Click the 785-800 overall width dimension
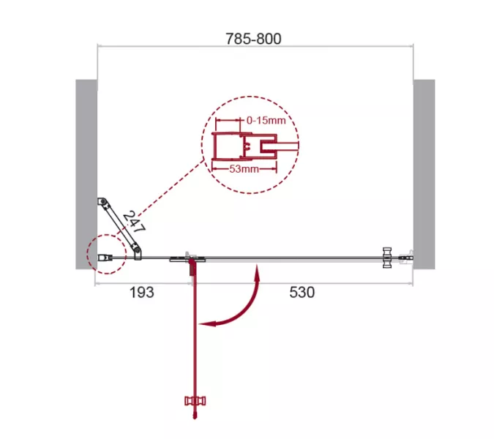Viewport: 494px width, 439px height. (253, 39)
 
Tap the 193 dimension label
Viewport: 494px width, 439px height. (142, 292)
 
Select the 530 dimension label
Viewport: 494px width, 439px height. (302, 292)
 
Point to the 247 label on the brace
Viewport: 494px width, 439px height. (134, 222)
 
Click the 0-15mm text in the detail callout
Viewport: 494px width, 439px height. (266, 120)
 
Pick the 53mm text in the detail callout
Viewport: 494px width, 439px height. (244, 169)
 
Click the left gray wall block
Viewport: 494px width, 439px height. (86, 174)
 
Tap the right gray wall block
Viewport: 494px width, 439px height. (424, 174)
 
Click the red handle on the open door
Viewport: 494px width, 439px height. (195, 401)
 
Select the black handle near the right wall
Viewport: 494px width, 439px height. (387, 258)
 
